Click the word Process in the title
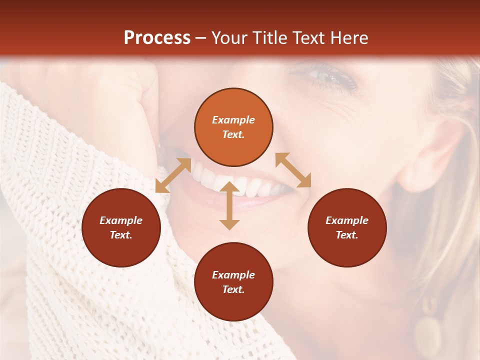157,38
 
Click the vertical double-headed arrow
229,205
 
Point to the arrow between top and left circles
173,175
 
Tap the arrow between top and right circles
293,170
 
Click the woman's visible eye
327,77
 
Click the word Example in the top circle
233,120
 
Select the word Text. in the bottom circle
233,289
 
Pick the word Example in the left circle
121,220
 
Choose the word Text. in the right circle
347,235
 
